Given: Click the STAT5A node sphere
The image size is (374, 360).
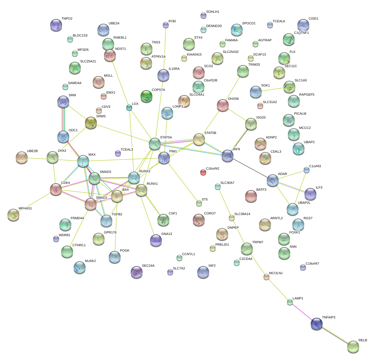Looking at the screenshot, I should click(154, 144).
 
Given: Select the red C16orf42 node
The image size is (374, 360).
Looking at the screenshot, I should click(203, 172).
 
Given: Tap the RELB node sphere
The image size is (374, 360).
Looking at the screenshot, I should click(353, 347).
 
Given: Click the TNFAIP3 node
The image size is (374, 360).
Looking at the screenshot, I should click(316, 324).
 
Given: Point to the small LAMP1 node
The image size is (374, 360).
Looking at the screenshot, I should click(290, 302).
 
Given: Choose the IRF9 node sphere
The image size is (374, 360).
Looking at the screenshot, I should click(228, 156).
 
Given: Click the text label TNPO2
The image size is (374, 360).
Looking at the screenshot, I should click(67, 19).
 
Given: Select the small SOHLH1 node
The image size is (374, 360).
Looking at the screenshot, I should click(203, 15).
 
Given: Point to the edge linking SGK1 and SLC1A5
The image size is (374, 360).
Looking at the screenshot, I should click(272, 89).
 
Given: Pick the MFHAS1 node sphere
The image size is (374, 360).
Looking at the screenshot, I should click(13, 215).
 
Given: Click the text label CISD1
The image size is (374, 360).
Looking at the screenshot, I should click(313, 19).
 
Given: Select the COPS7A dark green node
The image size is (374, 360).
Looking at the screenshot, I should click(146, 97).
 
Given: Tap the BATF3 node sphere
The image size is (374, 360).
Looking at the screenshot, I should click(251, 196).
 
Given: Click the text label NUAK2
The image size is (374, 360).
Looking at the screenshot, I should click(90, 261).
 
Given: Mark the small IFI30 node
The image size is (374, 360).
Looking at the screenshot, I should click(166, 25).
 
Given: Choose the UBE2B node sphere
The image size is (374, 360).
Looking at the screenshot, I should click(21, 157).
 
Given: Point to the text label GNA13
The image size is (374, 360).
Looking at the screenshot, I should click(167, 234).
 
